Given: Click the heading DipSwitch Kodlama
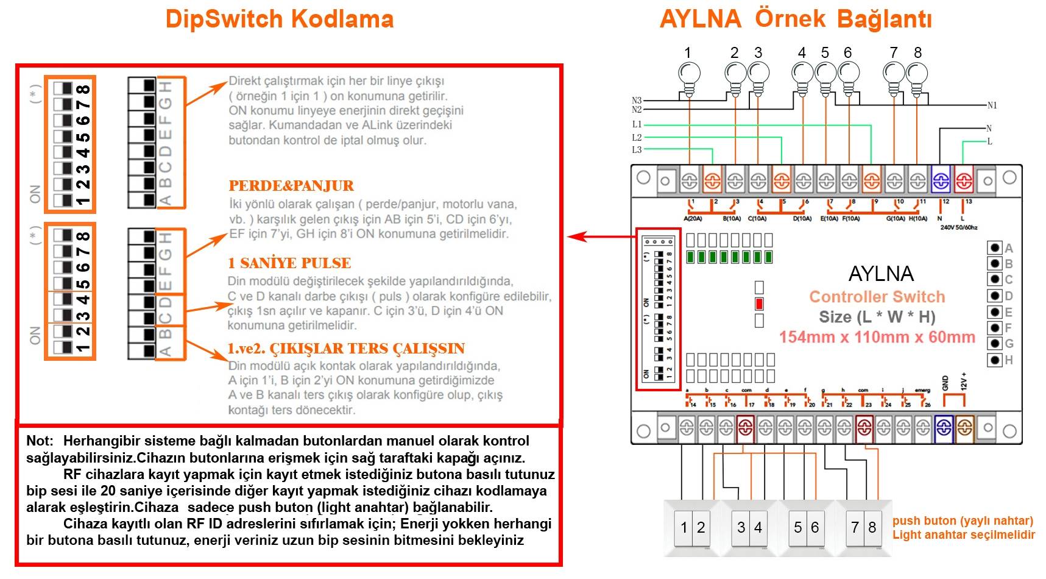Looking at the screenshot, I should coord(280,19).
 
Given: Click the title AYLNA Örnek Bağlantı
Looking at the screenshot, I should coord(796,19).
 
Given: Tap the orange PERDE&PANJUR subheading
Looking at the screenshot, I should coord(291,186).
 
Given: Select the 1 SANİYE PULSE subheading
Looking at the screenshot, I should coord(289,263).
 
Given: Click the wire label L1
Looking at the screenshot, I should coord(637,124).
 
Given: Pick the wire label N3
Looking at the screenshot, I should coord(637,101).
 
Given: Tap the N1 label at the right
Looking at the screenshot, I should coord(992,105).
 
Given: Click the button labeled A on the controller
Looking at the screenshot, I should coord(995,247).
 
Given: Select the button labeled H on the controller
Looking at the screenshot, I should coord(995,360).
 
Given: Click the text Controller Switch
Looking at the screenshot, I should coord(877,297).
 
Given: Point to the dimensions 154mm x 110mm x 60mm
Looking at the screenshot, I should coord(877,337).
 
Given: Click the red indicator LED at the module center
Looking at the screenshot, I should coord(759,304).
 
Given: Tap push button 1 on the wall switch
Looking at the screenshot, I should coord(684,528).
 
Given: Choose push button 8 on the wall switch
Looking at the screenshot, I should coord(872,528).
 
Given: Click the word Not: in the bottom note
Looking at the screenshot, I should coord(40,441).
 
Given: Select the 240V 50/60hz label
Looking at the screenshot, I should coord(958,227).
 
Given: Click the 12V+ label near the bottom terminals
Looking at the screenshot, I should coord(964,382).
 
